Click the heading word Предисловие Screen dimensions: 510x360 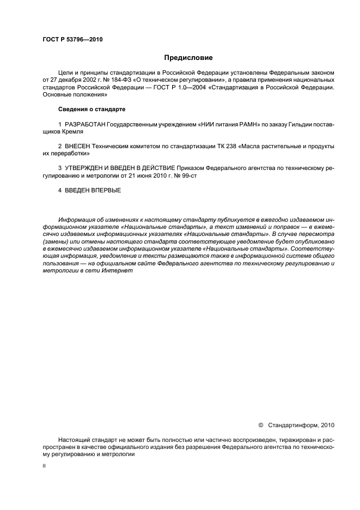(188, 57)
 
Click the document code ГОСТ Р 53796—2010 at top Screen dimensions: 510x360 (72, 40)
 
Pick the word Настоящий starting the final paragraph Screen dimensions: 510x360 (74, 439)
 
